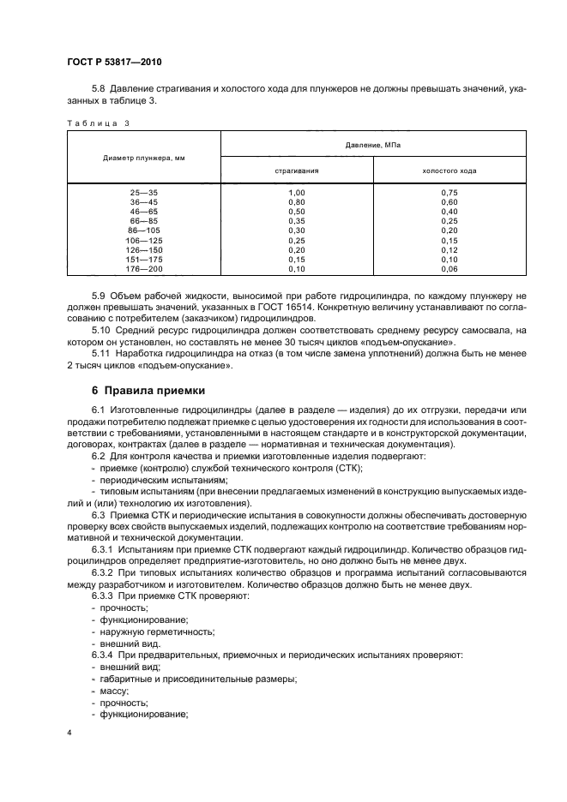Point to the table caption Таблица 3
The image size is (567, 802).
98,123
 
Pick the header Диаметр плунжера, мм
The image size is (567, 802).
144,158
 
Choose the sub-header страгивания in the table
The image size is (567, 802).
297,171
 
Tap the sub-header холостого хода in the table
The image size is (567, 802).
449,171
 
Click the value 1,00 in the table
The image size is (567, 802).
297,193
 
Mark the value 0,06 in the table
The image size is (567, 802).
449,268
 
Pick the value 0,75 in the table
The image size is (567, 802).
449,193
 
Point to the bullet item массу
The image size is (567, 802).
114,691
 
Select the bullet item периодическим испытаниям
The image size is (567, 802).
154,481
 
